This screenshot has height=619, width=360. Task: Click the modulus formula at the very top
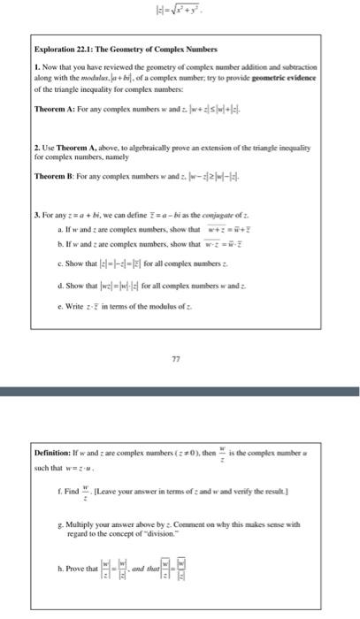pyautogui.click(x=179, y=13)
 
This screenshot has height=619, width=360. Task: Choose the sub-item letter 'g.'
pyautogui.click(x=57, y=523)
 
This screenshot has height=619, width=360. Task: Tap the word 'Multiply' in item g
pyautogui.click(x=83, y=523)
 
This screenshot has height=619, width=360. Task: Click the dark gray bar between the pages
pyautogui.click(x=180, y=390)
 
